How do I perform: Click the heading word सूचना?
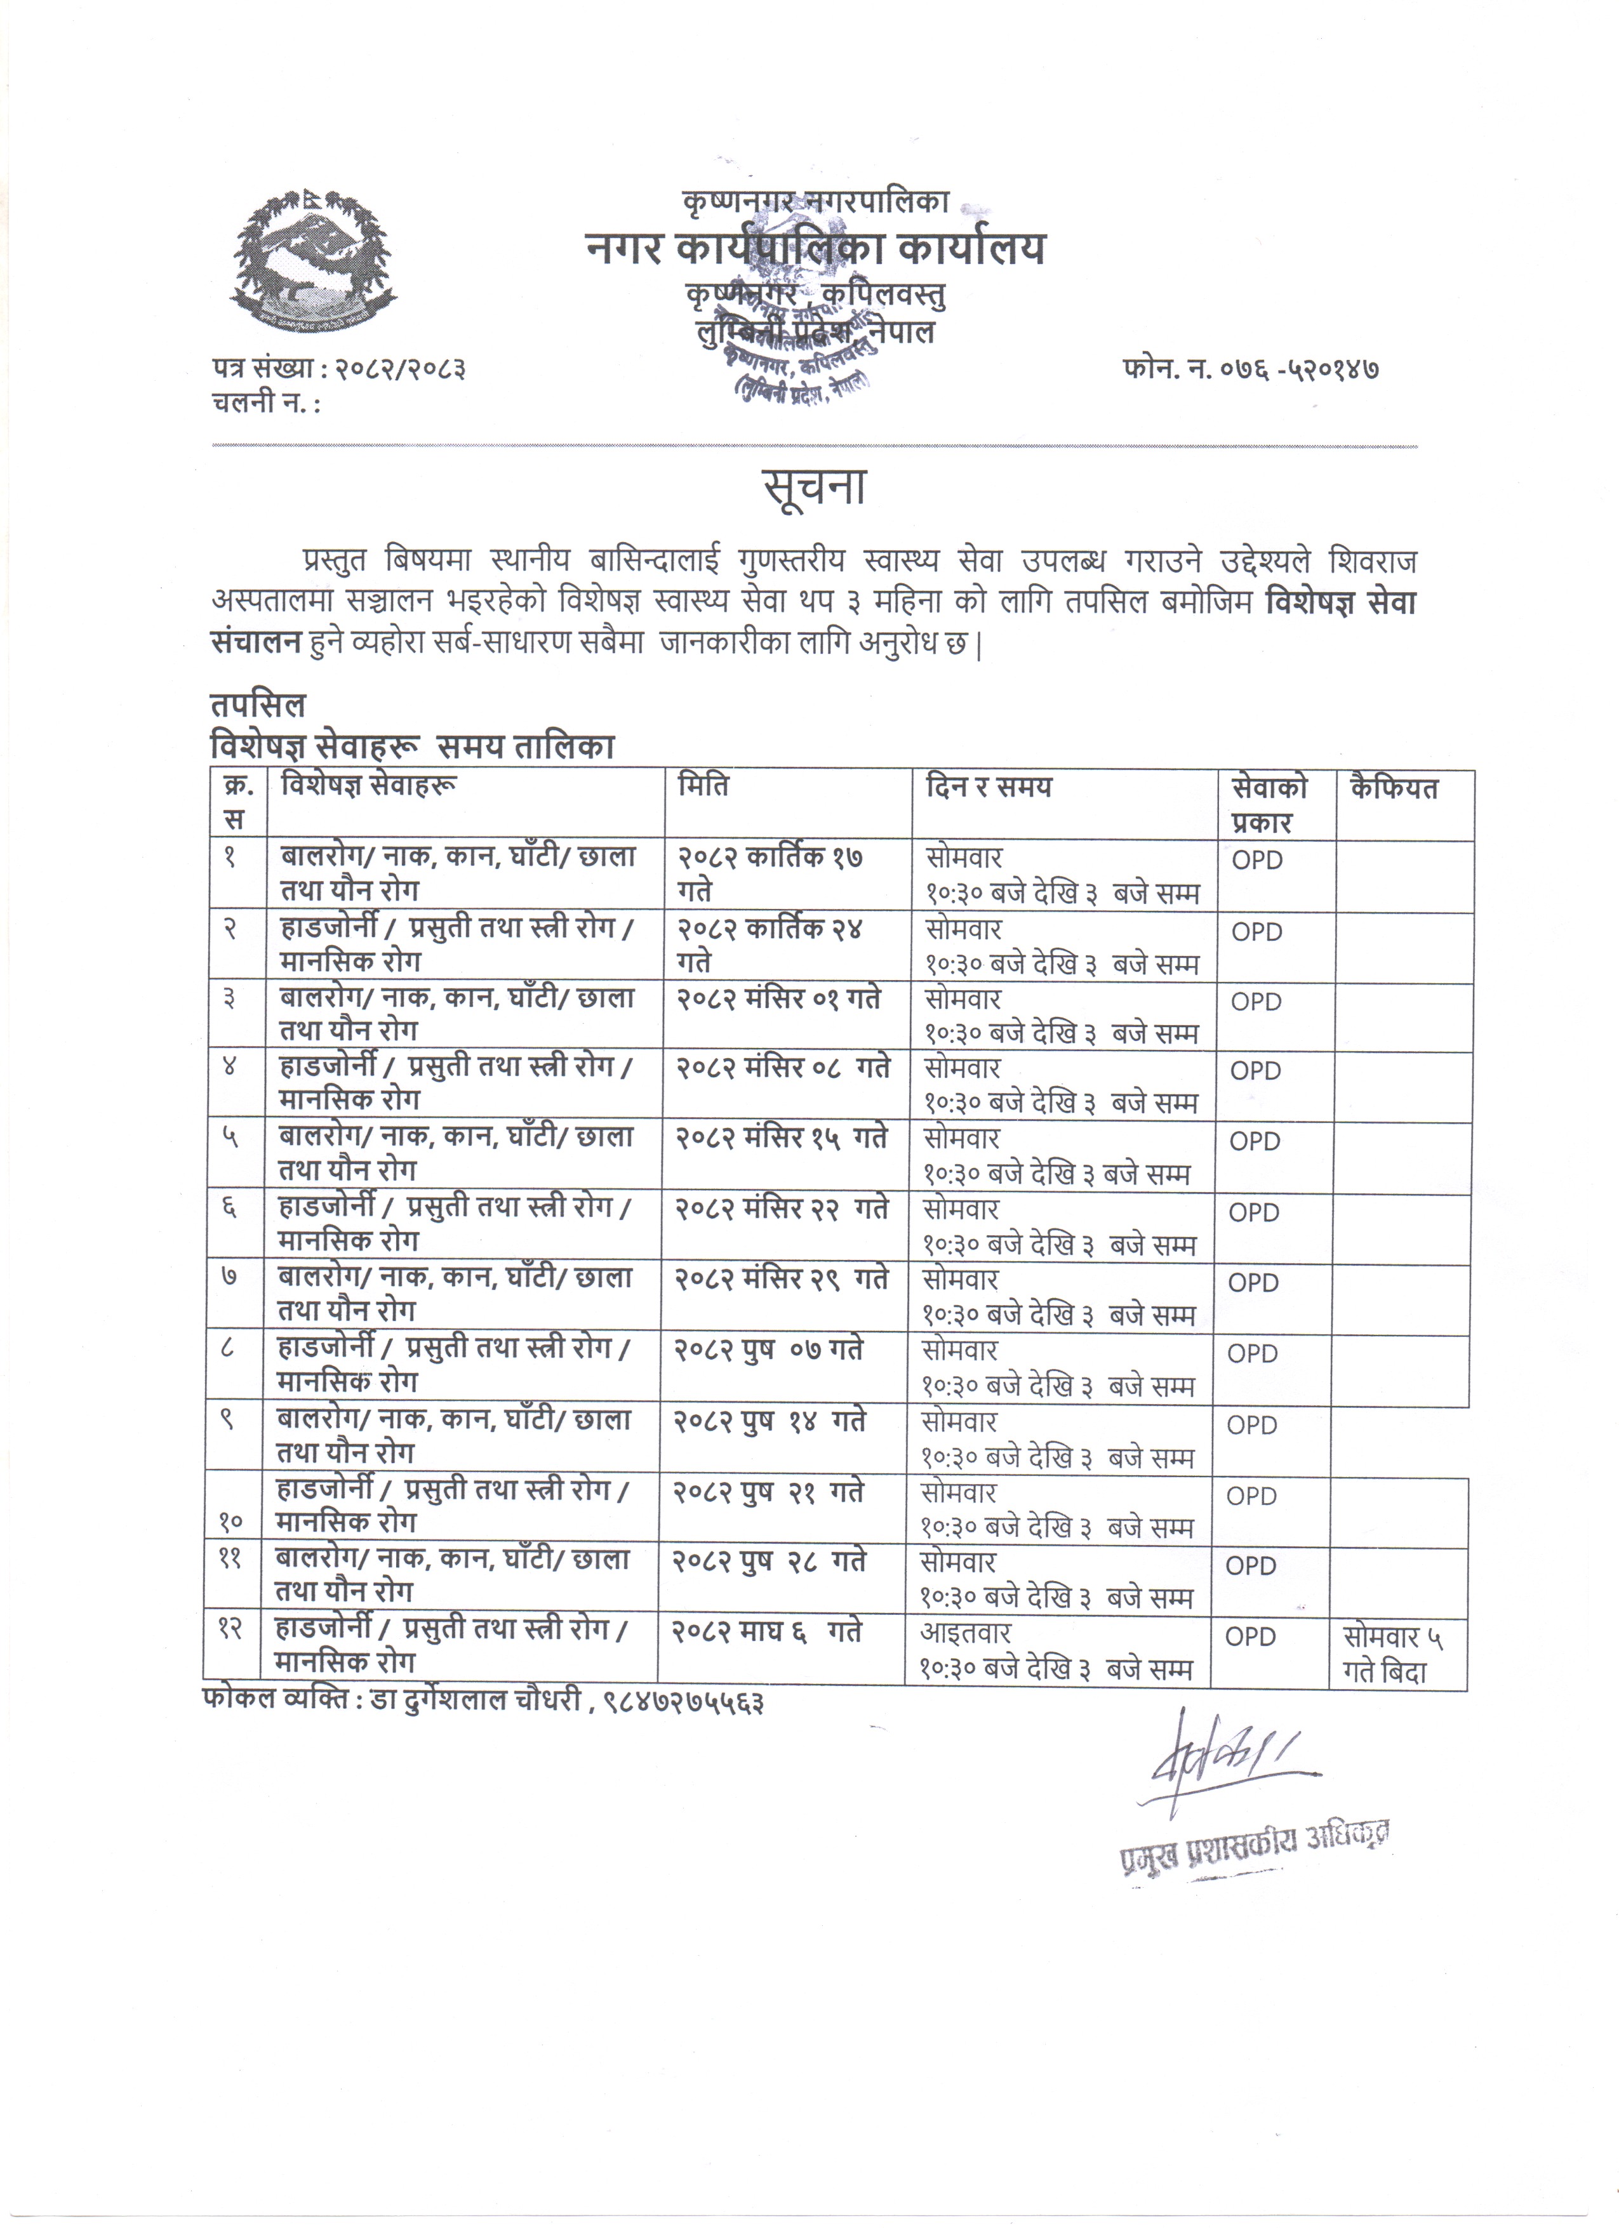[815, 488]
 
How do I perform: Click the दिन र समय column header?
[989, 787]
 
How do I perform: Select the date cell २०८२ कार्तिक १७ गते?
[770, 873]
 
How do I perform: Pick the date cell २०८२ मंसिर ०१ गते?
[778, 999]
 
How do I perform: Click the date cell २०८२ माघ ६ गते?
[766, 1632]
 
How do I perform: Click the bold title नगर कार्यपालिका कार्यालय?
[815, 249]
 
